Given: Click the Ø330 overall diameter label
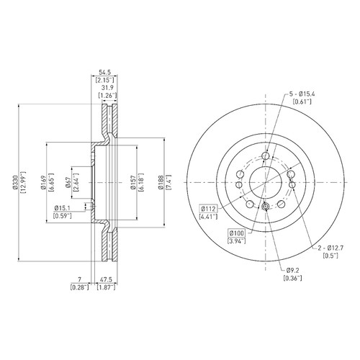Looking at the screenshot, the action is pyautogui.click(x=15, y=182).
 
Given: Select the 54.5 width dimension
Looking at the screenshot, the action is pyautogui.click(x=104, y=72).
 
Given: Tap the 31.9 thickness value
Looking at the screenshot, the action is pyautogui.click(x=107, y=88).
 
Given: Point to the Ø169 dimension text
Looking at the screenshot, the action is pyautogui.click(x=43, y=182).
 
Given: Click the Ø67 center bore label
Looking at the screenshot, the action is pyautogui.click(x=68, y=182).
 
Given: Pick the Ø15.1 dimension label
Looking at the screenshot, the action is pyautogui.click(x=63, y=208).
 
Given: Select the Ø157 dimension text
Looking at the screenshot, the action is pyautogui.click(x=133, y=182).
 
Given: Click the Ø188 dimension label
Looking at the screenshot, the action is pyautogui.click(x=161, y=182).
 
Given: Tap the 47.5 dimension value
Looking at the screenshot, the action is pyautogui.click(x=106, y=279).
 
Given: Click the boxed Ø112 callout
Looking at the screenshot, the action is pyautogui.click(x=208, y=209).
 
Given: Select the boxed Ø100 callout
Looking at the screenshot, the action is pyautogui.click(x=237, y=233).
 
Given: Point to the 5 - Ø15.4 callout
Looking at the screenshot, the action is pyautogui.click(x=302, y=94).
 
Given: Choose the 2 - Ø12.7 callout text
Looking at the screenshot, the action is pyautogui.click(x=330, y=248).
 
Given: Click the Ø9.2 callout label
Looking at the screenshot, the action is pyautogui.click(x=292, y=271).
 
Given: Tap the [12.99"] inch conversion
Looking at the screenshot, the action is pyautogui.click(x=24, y=182).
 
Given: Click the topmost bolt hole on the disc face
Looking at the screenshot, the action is pyautogui.click(x=266, y=156).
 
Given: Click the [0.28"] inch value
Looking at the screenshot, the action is pyautogui.click(x=80, y=287).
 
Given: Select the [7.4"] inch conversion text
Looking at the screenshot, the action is pyautogui.click(x=168, y=182).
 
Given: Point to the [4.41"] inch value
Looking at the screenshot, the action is pyautogui.click(x=208, y=217).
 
